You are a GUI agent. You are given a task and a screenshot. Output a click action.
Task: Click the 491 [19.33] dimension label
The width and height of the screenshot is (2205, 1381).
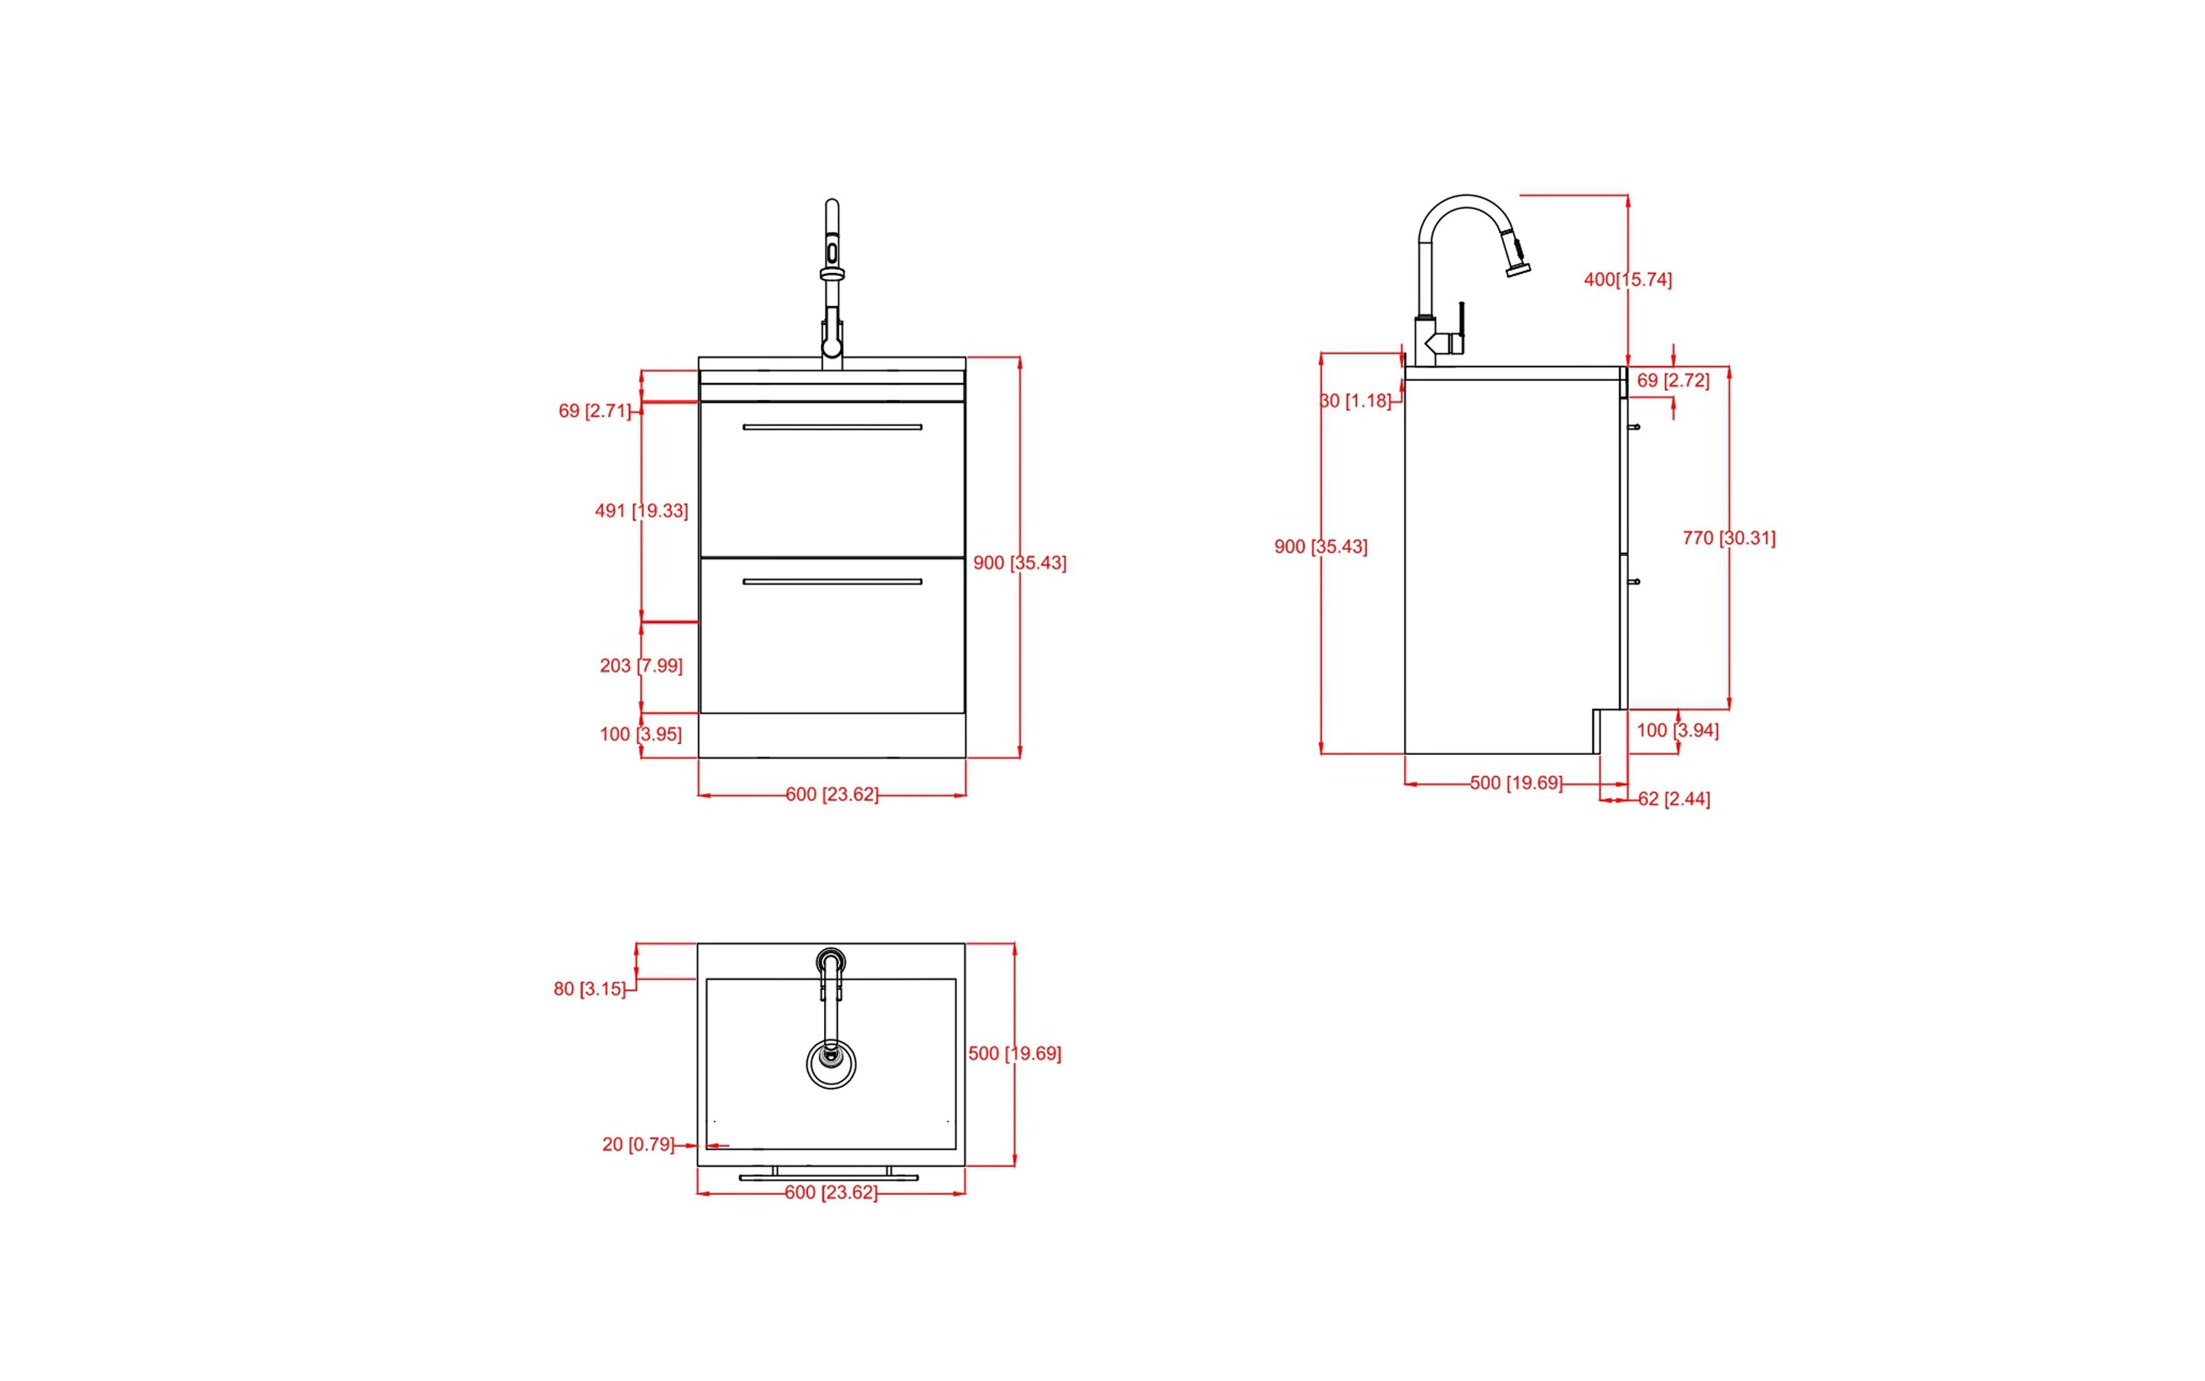click(x=641, y=510)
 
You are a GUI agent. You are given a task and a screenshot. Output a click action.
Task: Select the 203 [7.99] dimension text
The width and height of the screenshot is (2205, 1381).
click(x=641, y=666)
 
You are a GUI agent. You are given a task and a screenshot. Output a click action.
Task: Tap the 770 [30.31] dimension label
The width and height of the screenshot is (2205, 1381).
click(x=1729, y=538)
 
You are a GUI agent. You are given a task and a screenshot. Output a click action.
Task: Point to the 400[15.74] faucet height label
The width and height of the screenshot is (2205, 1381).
click(x=1627, y=279)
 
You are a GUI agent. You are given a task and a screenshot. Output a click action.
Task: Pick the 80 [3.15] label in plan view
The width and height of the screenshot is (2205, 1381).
click(x=589, y=989)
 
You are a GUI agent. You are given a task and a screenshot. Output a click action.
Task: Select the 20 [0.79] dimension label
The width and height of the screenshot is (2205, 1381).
click(x=638, y=1145)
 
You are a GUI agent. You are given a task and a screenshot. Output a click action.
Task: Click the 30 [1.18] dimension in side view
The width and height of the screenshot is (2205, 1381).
click(x=1356, y=401)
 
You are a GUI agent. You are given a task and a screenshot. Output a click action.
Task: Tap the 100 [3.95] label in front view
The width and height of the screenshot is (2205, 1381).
click(x=641, y=734)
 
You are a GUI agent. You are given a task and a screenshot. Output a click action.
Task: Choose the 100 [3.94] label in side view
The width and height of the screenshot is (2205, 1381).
click(x=1676, y=730)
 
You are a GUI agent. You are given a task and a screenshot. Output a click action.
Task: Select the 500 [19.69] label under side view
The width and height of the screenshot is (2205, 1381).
click(x=1515, y=783)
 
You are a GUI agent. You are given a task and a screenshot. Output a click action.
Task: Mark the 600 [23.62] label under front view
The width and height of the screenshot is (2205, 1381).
click(x=831, y=795)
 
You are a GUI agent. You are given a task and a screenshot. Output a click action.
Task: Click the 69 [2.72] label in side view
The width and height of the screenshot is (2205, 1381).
click(x=1672, y=381)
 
